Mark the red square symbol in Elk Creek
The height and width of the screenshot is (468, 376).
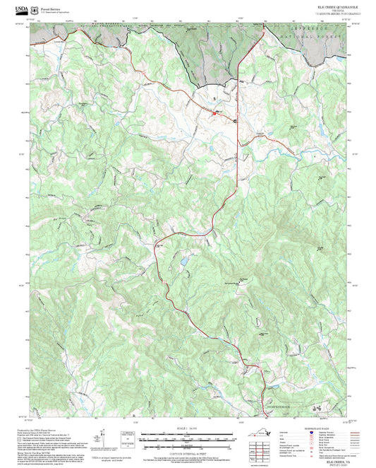point(214,112)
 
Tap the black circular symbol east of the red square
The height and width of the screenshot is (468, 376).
point(235,120)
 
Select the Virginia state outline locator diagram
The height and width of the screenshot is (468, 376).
point(262,433)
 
